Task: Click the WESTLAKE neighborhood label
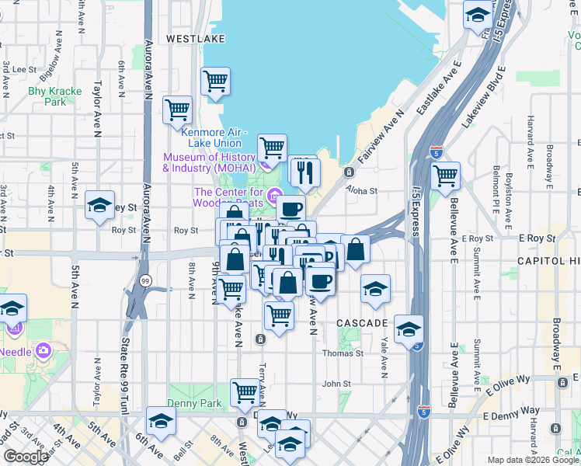pyautogui.click(x=196, y=37)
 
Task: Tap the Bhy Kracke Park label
pyautogui.click(x=54, y=96)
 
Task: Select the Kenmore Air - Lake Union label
pyautogui.click(x=214, y=137)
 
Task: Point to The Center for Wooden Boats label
pyautogui.click(x=229, y=197)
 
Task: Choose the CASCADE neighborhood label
pyautogui.click(x=362, y=322)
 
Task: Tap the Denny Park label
pyautogui.click(x=195, y=404)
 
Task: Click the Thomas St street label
pyautogui.click(x=343, y=353)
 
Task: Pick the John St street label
pyautogui.click(x=337, y=384)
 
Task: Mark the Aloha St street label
pyautogui.click(x=361, y=190)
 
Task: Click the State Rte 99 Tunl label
pyautogui.click(x=124, y=373)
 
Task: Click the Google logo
pyautogui.click(x=26, y=457)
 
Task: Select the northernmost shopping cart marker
pyautogui.click(x=216, y=80)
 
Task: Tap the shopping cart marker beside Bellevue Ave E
pyautogui.click(x=445, y=176)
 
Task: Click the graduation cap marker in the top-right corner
pyautogui.click(x=478, y=15)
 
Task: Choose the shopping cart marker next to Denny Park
pyautogui.click(x=245, y=392)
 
